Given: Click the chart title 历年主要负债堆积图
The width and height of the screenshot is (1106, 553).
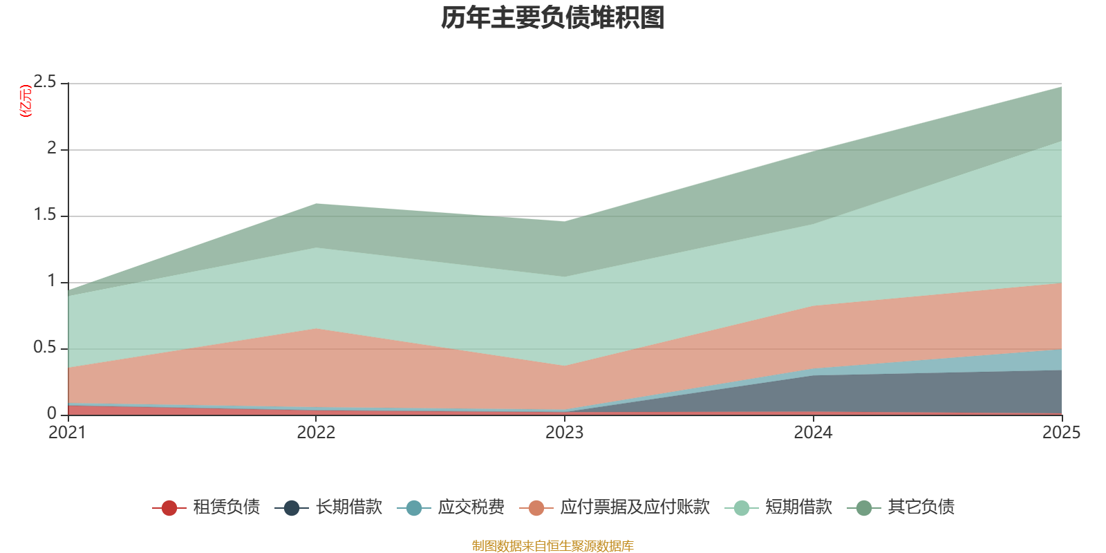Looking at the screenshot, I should pos(553,18).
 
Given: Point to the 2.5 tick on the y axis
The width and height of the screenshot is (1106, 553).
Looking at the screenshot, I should pos(45,82).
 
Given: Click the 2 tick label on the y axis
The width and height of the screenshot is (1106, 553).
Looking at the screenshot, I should pos(52,148).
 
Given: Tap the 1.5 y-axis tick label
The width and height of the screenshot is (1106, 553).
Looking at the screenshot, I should pos(45,215).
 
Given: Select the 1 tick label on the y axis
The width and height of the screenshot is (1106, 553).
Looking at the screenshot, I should pos(52,281).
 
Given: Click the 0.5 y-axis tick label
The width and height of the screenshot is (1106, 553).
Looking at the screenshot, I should pos(45,348).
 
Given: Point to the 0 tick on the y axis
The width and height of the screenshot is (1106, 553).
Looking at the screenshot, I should pos(52,413).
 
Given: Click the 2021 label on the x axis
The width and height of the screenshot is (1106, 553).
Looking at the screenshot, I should pos(67,433).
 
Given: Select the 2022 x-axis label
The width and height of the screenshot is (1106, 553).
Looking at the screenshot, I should pos(316,433).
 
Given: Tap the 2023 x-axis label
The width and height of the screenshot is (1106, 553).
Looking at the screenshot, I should pos(565,433).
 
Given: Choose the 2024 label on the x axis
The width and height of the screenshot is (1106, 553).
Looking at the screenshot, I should pos(813,433).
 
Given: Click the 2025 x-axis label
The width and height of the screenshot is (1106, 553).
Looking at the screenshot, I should pos(1061,433).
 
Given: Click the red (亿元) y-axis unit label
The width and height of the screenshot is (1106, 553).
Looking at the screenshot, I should pos(26,101).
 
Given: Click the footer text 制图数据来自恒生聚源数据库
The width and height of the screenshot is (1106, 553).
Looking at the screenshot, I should pos(553,546).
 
